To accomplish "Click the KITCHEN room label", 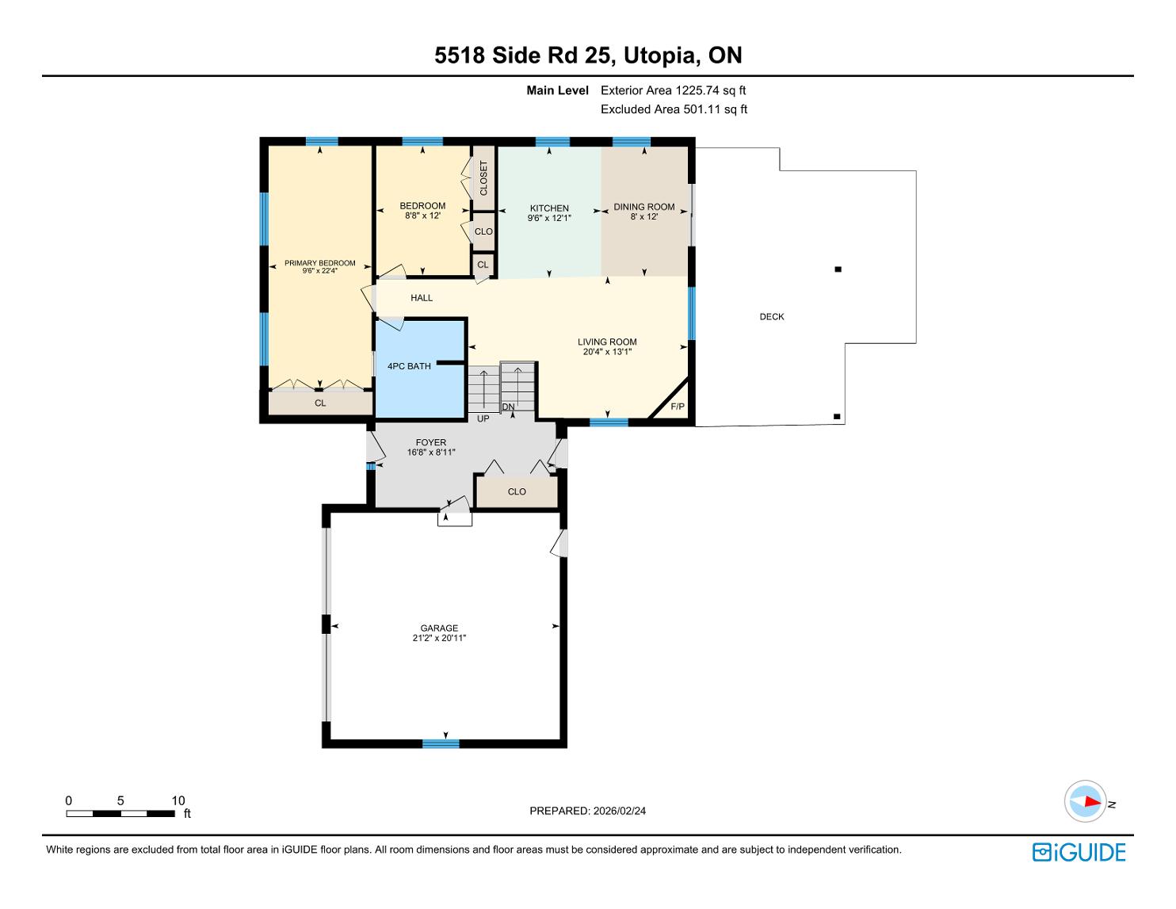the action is pos(548,208).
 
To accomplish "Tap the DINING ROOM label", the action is pos(643,207).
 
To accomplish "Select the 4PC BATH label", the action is pos(409,366).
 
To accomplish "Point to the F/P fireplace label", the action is pos(677,407).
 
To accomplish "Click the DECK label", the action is pos(771,316).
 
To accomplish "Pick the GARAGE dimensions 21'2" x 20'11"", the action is pos(439,638).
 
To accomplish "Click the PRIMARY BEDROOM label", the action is pos(320,263).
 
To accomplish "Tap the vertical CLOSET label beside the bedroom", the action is pos(483,178).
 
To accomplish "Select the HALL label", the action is pos(421,298).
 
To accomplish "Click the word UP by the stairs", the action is pos(483,418).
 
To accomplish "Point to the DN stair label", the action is pos(508,407).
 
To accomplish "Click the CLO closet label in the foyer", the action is pos(517,491).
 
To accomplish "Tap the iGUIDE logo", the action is pos(1079,852).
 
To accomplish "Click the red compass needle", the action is pos(1093,801).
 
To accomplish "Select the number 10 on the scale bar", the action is pos(178,800).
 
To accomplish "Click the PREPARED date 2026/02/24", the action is pos(619,811).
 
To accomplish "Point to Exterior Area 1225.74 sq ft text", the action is pos(673,90).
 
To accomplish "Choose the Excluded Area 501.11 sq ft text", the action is pos(674,109).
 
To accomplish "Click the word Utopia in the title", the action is pos(661,55).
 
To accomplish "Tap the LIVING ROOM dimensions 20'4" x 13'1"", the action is pos(607,352).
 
